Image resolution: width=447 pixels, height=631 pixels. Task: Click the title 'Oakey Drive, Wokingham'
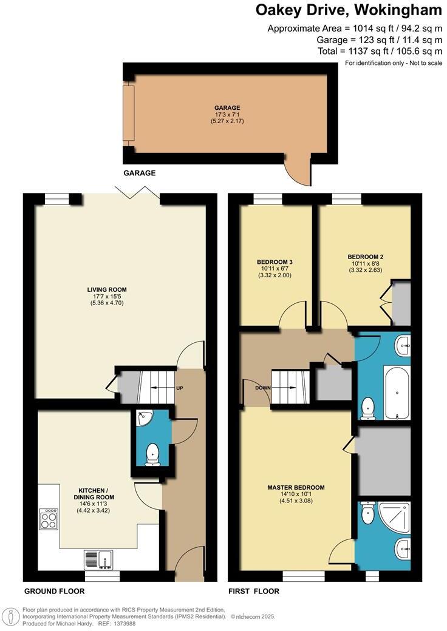pos(349,10)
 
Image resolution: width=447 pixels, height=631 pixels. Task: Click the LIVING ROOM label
pos(106,289)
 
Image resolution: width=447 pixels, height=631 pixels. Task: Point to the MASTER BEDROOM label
pos(296,487)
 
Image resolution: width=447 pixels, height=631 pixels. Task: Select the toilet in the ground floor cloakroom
pos(152,454)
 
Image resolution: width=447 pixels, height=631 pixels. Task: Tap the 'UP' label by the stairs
pos(179,388)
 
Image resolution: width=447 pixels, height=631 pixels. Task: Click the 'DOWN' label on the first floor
pos(263,388)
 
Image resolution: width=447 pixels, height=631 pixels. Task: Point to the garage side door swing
pos(298,172)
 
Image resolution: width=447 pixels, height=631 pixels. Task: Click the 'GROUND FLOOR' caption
pos(54,591)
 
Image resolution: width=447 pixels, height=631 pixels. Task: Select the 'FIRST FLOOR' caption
pos(254,591)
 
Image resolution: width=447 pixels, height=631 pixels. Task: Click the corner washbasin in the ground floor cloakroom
pos(143,417)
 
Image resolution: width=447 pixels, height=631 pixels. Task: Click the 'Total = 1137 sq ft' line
pos(380,51)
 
